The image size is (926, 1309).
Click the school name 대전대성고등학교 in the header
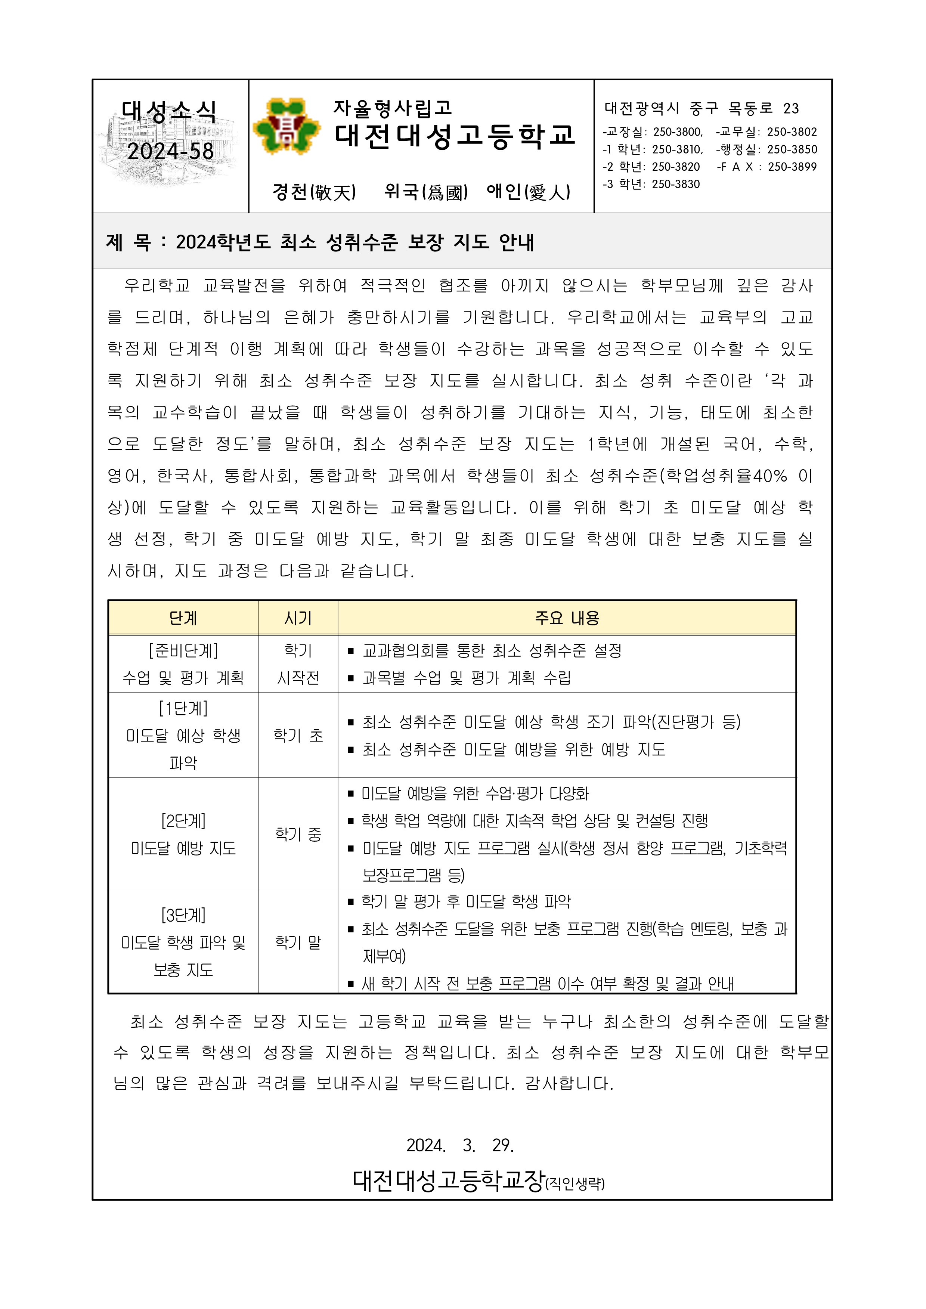[x=455, y=136]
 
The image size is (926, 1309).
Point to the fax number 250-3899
[x=792, y=167]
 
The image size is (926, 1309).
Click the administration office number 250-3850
[x=792, y=150]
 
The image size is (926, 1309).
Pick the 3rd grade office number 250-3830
[x=676, y=184]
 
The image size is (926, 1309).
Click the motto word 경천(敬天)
[x=314, y=192]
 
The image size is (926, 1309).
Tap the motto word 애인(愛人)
[x=528, y=192]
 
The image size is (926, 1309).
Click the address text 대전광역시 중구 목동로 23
[x=702, y=108]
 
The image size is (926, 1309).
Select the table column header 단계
[x=183, y=618]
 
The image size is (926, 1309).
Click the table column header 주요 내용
[x=567, y=618]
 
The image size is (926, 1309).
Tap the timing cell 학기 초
[x=298, y=736]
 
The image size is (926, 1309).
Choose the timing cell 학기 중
[x=298, y=834]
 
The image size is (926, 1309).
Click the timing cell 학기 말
[x=298, y=943]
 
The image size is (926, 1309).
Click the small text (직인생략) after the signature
[x=575, y=1184]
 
